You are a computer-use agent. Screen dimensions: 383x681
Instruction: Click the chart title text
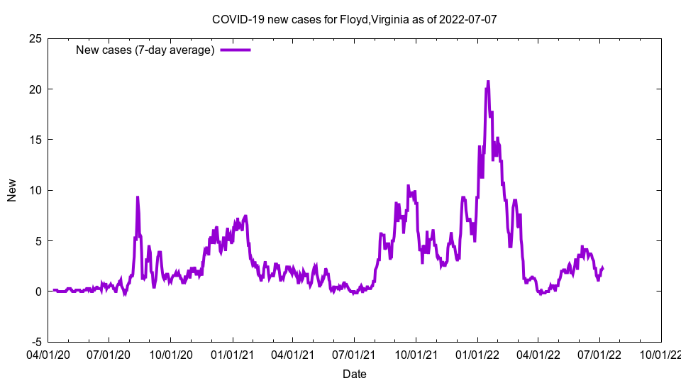click(x=354, y=19)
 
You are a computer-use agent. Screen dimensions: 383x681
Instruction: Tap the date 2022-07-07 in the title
click(x=467, y=19)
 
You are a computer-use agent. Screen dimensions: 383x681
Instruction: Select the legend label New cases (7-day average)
click(x=145, y=50)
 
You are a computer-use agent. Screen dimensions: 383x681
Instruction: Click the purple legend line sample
click(x=236, y=50)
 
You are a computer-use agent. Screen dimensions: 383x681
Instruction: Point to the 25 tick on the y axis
click(x=35, y=38)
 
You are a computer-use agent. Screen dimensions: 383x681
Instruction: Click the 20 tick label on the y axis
click(x=35, y=89)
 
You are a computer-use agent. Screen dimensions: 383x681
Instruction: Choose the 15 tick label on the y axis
click(x=35, y=140)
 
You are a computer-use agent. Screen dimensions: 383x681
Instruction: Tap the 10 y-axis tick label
click(x=35, y=190)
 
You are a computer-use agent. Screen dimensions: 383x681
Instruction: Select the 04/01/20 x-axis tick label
click(x=48, y=353)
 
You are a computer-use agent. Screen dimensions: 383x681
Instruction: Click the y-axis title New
click(x=12, y=190)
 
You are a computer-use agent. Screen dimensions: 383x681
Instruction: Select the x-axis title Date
click(x=354, y=374)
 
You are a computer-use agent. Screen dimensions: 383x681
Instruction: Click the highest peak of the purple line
click(x=488, y=82)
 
